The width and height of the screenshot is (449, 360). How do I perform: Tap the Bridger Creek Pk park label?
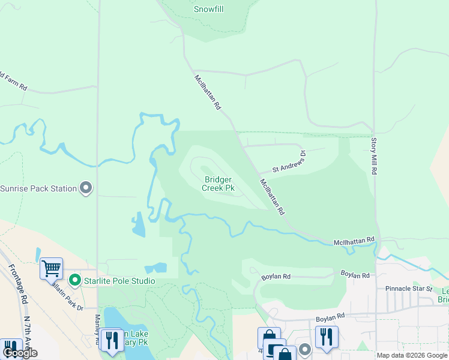218,184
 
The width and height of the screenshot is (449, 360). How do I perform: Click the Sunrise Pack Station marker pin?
86,188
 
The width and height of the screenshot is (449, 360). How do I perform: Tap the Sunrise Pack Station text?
38,188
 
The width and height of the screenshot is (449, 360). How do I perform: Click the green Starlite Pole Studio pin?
74,280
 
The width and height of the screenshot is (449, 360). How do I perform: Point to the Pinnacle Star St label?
409,289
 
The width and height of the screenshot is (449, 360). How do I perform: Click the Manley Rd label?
97,331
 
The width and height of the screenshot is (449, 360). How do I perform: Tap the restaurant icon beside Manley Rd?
112,340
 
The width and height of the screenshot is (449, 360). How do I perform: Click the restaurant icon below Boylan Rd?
327,337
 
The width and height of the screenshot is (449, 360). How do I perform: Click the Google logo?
20,353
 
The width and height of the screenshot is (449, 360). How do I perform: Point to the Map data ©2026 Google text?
411,355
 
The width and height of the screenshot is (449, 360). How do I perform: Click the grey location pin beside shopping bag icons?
304,349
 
